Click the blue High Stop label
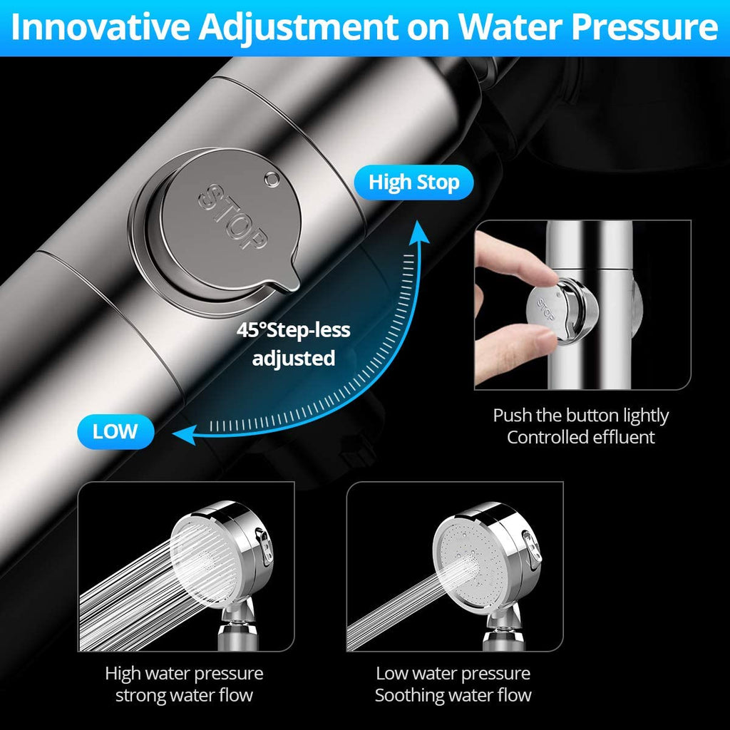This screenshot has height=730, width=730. click(413, 182)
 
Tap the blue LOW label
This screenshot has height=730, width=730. click(115, 431)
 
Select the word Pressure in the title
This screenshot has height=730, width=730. click(644, 28)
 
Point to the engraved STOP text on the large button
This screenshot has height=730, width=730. click(233, 217)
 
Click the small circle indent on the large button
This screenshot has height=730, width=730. click(272, 178)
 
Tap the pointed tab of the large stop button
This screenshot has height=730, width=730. click(285, 279)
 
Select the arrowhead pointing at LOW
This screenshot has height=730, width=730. click(184, 435)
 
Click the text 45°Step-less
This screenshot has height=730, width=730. click(293, 330)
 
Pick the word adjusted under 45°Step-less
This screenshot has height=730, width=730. click(293, 358)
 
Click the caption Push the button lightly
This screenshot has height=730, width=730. click(580, 416)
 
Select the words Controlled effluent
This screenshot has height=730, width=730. click(580, 437)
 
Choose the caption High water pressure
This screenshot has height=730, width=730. click(185, 674)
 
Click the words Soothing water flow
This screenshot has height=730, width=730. click(453, 695)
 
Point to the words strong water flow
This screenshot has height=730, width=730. click(185, 695)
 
